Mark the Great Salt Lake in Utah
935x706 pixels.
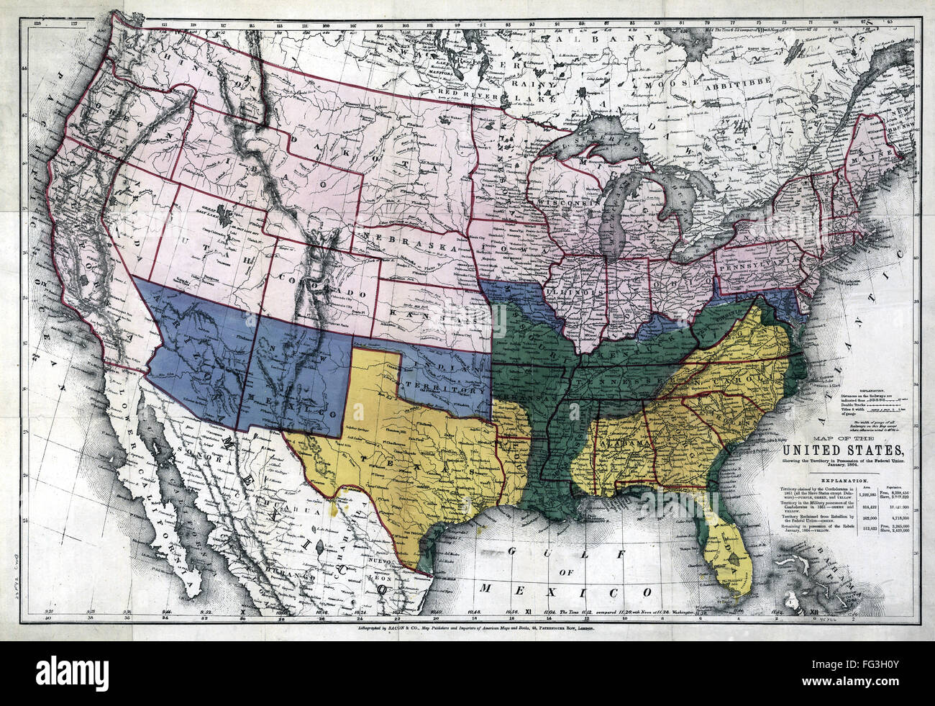click(x=227, y=213)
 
